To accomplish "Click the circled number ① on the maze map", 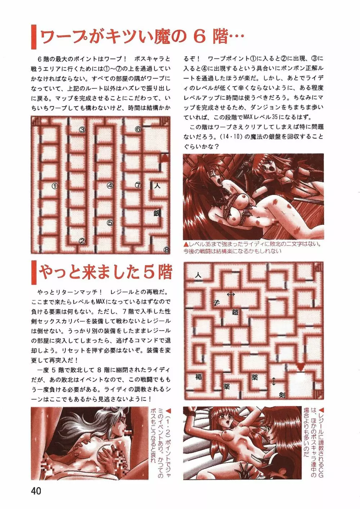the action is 55,186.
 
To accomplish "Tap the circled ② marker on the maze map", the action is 82,241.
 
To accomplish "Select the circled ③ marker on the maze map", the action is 82,130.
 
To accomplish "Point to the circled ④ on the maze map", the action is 110,186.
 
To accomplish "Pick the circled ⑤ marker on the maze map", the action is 110,223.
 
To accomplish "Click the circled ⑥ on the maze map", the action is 138,129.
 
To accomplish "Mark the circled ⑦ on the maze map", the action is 138,185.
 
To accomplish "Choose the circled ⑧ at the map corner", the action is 167,250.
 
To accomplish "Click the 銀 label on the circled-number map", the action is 157,213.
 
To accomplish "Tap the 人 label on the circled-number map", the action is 157,186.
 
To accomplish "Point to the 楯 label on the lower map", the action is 199,377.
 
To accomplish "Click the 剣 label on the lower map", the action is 282,395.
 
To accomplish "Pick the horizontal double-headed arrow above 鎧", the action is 231,294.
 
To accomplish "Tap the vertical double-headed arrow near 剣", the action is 274,381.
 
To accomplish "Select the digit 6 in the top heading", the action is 200,37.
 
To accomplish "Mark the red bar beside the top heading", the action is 33,37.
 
